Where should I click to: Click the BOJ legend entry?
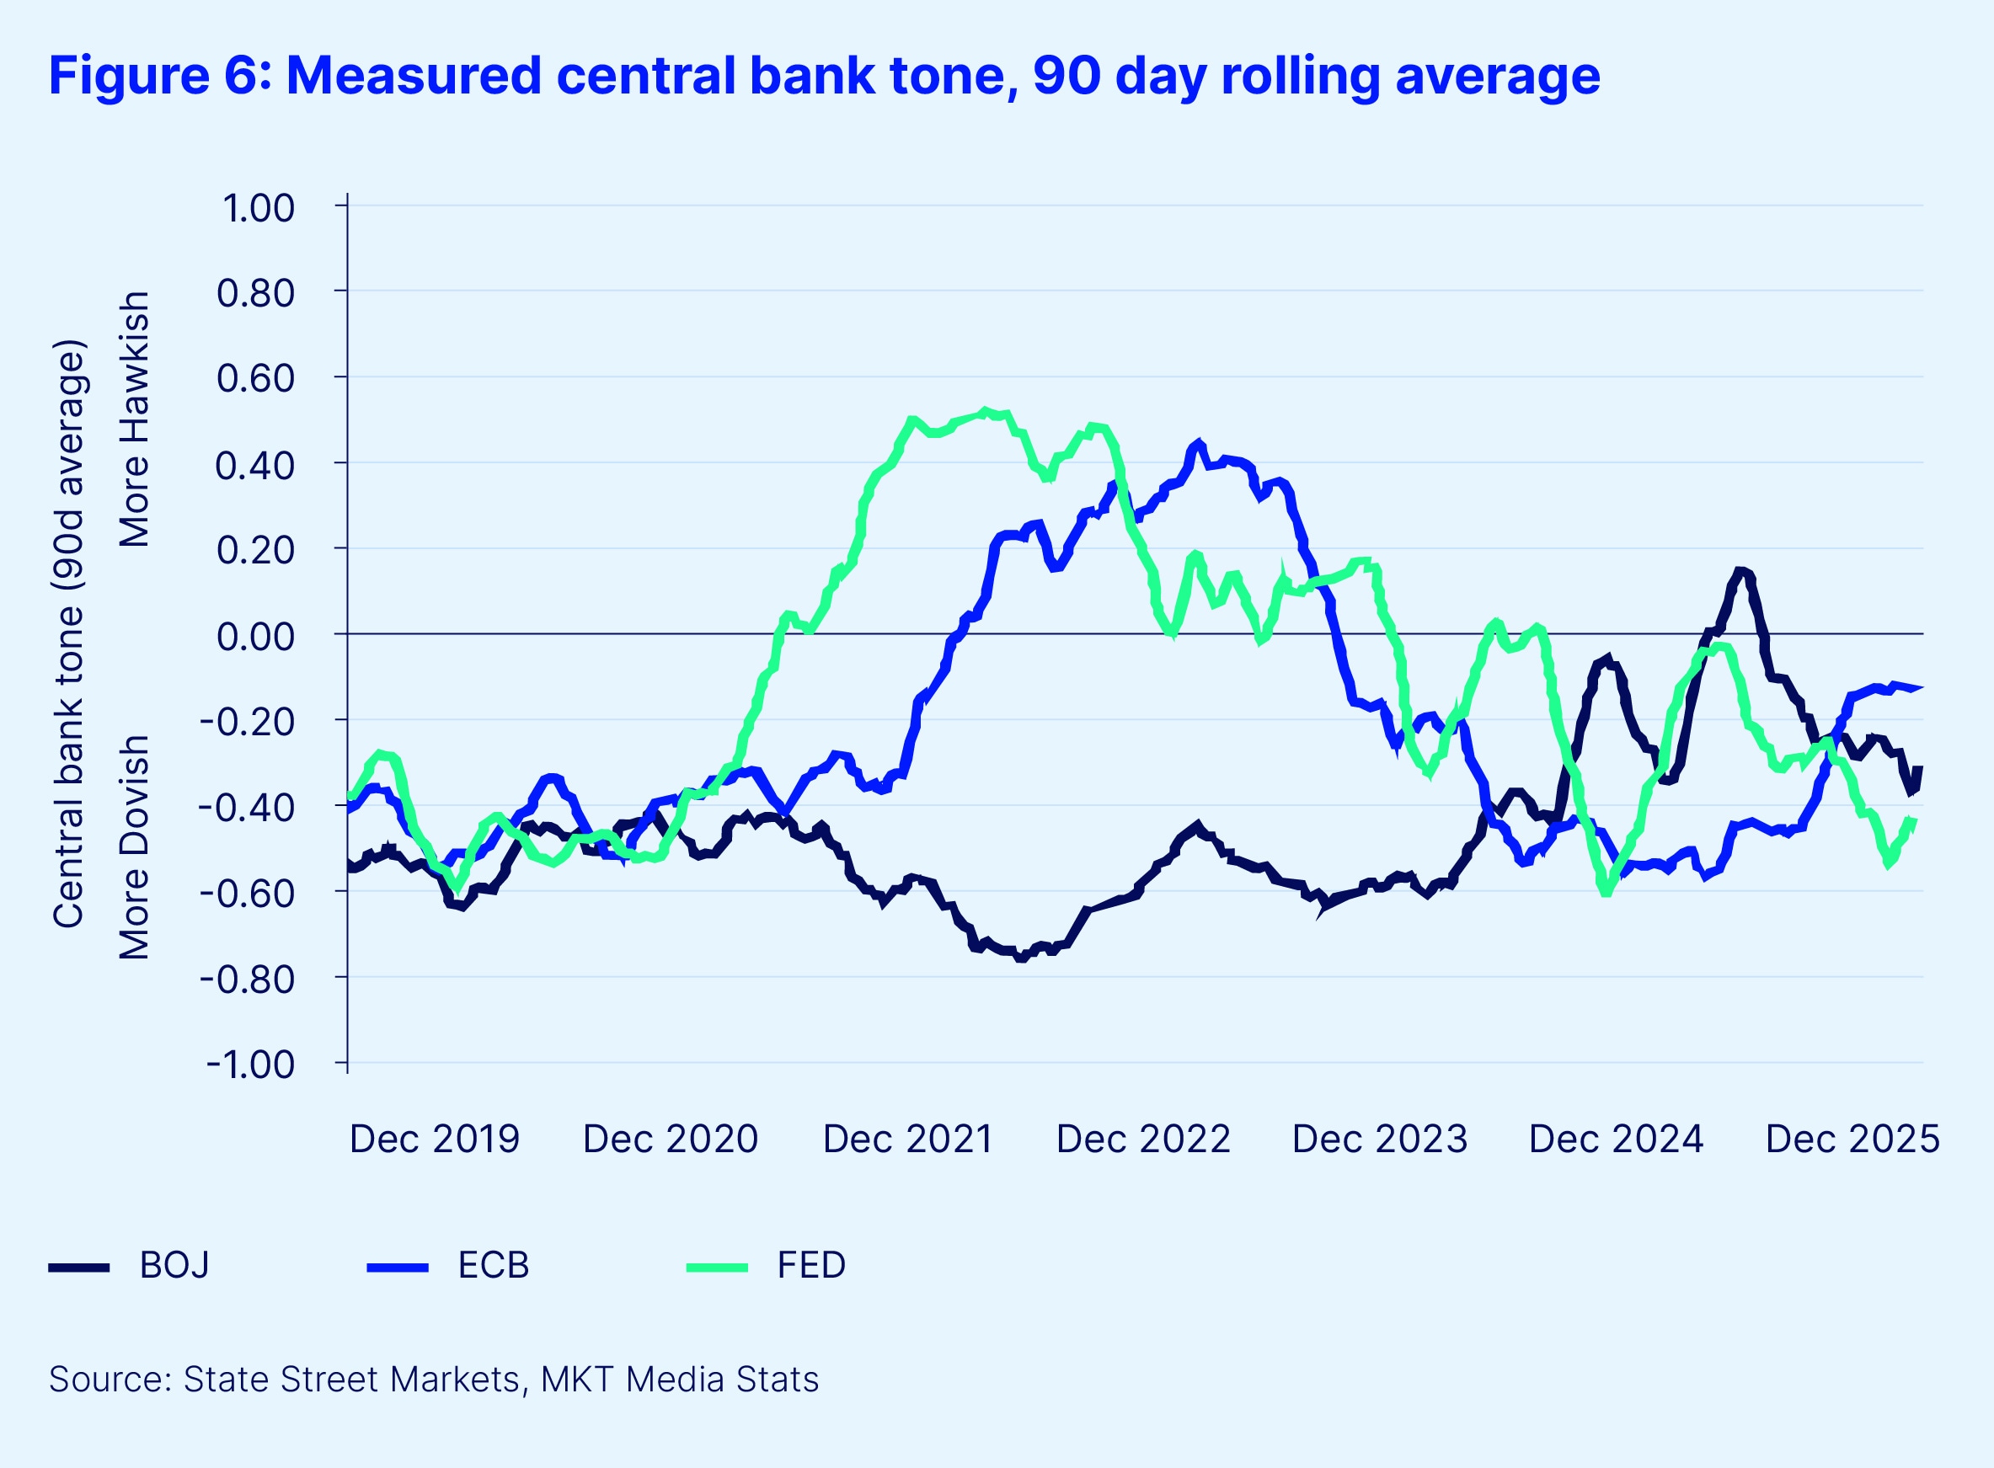(174, 1265)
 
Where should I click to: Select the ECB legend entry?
(492, 1265)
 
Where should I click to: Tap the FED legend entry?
(810, 1265)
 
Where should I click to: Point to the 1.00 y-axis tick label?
(258, 209)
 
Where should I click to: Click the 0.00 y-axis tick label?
(256, 636)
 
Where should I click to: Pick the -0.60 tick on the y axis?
(247, 893)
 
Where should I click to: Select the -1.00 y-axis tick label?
(250, 1065)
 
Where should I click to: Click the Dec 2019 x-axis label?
(434, 1140)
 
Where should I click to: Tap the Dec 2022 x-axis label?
(1142, 1140)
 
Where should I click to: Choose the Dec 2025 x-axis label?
(1852, 1140)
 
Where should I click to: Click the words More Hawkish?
(135, 419)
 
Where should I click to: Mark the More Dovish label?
(135, 846)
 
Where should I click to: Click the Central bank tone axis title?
(68, 634)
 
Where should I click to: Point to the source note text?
(434, 1379)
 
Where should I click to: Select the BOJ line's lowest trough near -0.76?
(1021, 958)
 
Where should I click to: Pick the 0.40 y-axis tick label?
(256, 465)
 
